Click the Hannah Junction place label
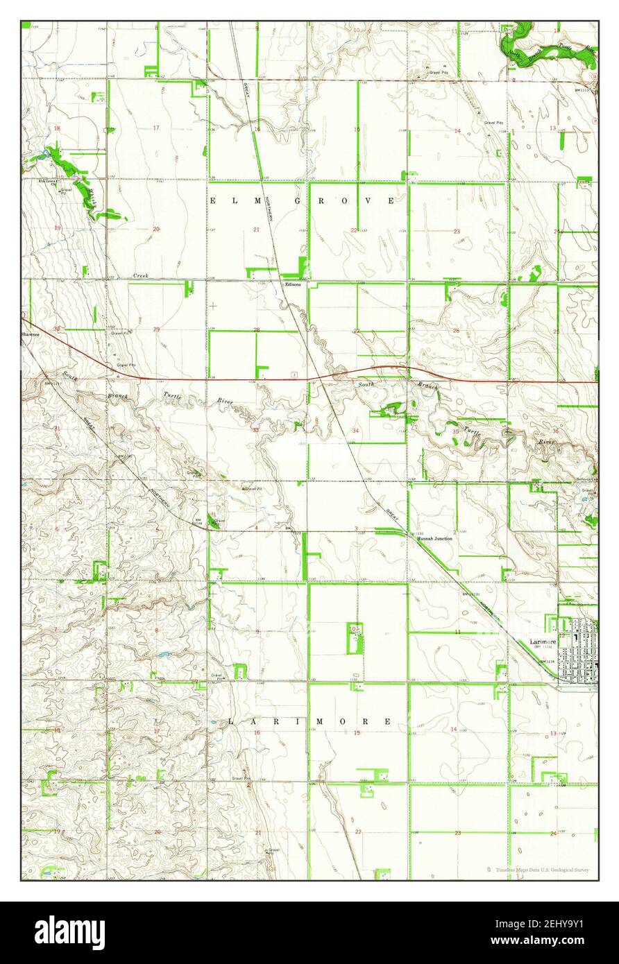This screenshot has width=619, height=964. [x=434, y=538]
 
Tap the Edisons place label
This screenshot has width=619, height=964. [x=291, y=284]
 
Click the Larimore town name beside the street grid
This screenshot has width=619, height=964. [x=541, y=642]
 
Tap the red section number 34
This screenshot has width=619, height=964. [x=355, y=431]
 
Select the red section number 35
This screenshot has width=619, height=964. [x=455, y=431]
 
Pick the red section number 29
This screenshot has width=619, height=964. [x=156, y=329]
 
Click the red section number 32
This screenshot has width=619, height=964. [x=157, y=429]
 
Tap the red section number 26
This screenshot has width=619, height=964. [x=456, y=331]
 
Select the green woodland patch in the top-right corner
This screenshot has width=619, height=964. [x=548, y=49]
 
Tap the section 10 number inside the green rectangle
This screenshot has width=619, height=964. [x=354, y=628]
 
